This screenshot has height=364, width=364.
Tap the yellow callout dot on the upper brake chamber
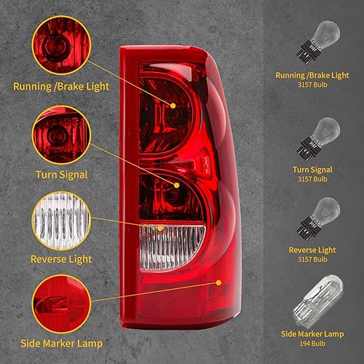pos(174,105)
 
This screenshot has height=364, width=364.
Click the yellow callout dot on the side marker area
pos(217,279)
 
